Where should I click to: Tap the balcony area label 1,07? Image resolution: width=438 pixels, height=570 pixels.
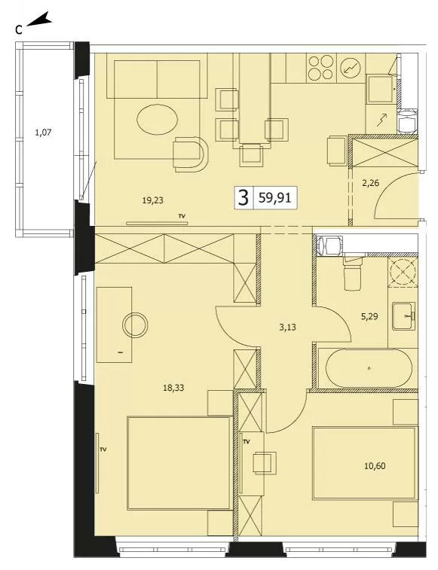click(x=43, y=133)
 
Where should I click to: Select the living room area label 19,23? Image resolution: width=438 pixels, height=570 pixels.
click(x=152, y=200)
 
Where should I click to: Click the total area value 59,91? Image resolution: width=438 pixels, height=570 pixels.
click(x=275, y=198)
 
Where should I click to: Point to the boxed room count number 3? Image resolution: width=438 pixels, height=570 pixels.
click(x=244, y=198)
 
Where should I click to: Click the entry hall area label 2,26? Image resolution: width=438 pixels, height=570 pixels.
click(x=371, y=183)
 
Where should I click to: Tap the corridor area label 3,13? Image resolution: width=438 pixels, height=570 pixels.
click(x=287, y=328)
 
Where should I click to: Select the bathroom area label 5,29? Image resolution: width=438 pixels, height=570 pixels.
click(x=369, y=316)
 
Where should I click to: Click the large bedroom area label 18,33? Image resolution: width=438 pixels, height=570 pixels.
click(x=173, y=388)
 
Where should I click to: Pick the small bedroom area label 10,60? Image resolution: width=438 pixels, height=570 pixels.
click(x=375, y=465)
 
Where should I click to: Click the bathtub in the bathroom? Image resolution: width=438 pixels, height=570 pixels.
click(x=369, y=368)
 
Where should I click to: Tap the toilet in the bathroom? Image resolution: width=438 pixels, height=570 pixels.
click(x=352, y=273)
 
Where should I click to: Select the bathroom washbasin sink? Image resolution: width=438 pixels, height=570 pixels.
click(x=404, y=316)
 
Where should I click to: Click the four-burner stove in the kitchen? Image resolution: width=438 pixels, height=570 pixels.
click(x=320, y=68)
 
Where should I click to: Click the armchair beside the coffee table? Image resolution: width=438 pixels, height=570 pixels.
click(x=190, y=154)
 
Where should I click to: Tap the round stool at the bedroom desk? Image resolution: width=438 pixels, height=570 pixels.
click(x=135, y=325)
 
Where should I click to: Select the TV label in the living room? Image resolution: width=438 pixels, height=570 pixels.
click(x=182, y=216)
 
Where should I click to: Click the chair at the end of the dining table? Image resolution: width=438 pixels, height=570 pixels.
click(x=251, y=155)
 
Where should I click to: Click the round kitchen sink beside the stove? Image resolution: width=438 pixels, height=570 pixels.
click(x=351, y=68)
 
